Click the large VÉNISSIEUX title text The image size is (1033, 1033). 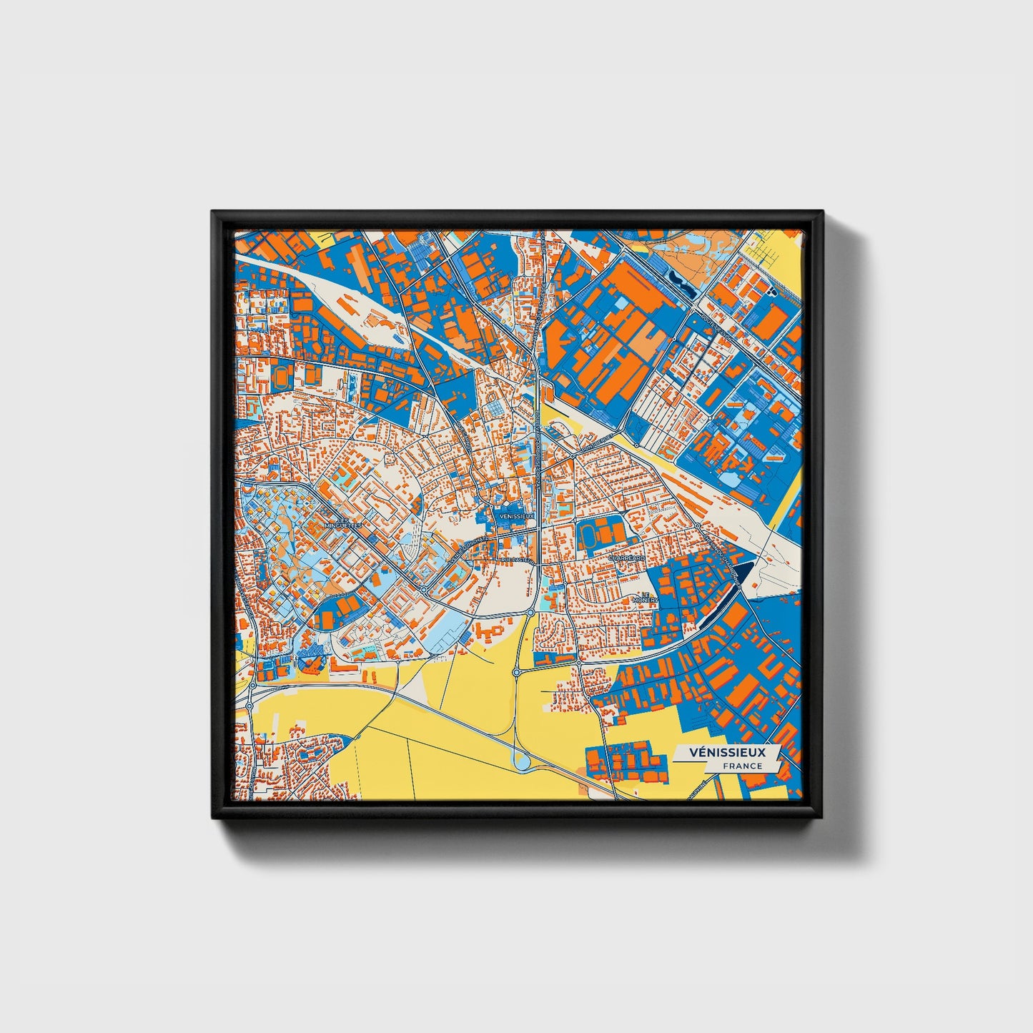point(727,752)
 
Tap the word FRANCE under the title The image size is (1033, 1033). point(741,766)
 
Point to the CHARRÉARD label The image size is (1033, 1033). point(626,557)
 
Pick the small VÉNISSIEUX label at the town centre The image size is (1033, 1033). point(517,515)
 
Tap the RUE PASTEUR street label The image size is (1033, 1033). point(518,560)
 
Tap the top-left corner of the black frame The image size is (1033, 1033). point(213,212)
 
